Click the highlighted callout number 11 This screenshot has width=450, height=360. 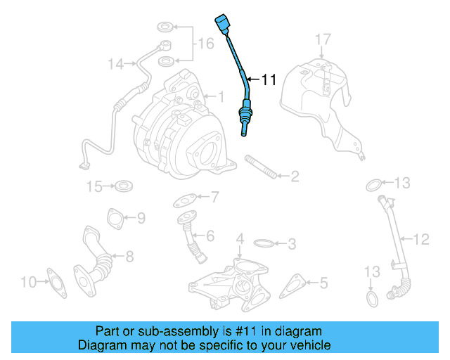click(x=269, y=80)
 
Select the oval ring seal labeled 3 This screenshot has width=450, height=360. click(x=264, y=243)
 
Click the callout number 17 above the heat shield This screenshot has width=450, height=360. click(x=321, y=39)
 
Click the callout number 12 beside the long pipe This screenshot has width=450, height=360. click(x=420, y=240)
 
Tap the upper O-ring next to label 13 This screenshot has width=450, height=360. click(x=375, y=185)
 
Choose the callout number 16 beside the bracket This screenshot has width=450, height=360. click(x=205, y=44)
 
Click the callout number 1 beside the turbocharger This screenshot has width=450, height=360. click(x=219, y=96)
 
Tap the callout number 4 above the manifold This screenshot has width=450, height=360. click(x=240, y=240)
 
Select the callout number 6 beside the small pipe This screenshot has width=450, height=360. click(x=210, y=236)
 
